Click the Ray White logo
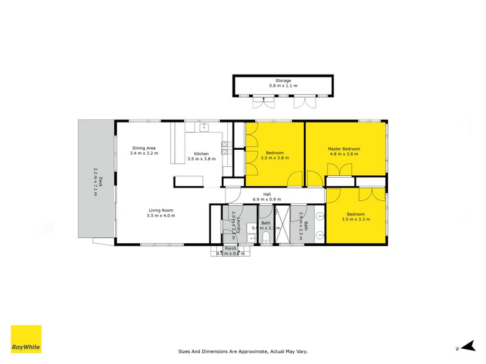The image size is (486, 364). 26,339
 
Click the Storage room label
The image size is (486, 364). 283,81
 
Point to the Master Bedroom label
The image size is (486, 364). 344,149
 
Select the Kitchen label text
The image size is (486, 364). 201,153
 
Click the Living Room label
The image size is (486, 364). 162,211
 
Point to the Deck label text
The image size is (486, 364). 101,181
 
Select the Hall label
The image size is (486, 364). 267,194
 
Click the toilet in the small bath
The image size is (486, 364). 266,236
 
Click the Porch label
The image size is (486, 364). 230,249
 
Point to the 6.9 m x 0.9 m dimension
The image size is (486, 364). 267,200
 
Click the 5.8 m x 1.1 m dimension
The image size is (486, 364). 283,86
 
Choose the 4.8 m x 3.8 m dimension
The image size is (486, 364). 344,154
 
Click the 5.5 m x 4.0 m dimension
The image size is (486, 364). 162,216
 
